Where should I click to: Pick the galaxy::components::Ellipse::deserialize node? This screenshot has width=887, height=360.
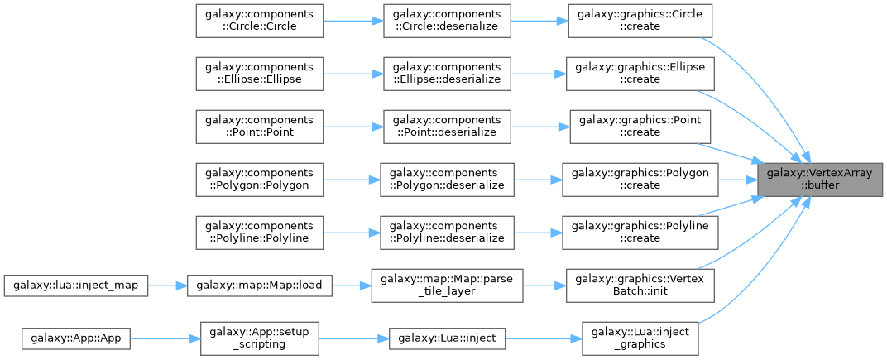(446, 73)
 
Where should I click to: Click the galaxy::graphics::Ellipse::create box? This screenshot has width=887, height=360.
(641, 73)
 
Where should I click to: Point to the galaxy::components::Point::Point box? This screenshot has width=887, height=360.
(258, 126)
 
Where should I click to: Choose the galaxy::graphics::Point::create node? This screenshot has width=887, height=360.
(641, 126)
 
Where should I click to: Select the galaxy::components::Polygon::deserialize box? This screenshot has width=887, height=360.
(446, 179)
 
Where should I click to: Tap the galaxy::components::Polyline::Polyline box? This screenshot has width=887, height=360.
(258, 232)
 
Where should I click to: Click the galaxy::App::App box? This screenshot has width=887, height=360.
(76, 338)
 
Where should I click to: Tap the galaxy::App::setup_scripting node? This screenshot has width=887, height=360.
(260, 338)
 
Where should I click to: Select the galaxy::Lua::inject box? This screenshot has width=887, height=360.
(446, 338)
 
